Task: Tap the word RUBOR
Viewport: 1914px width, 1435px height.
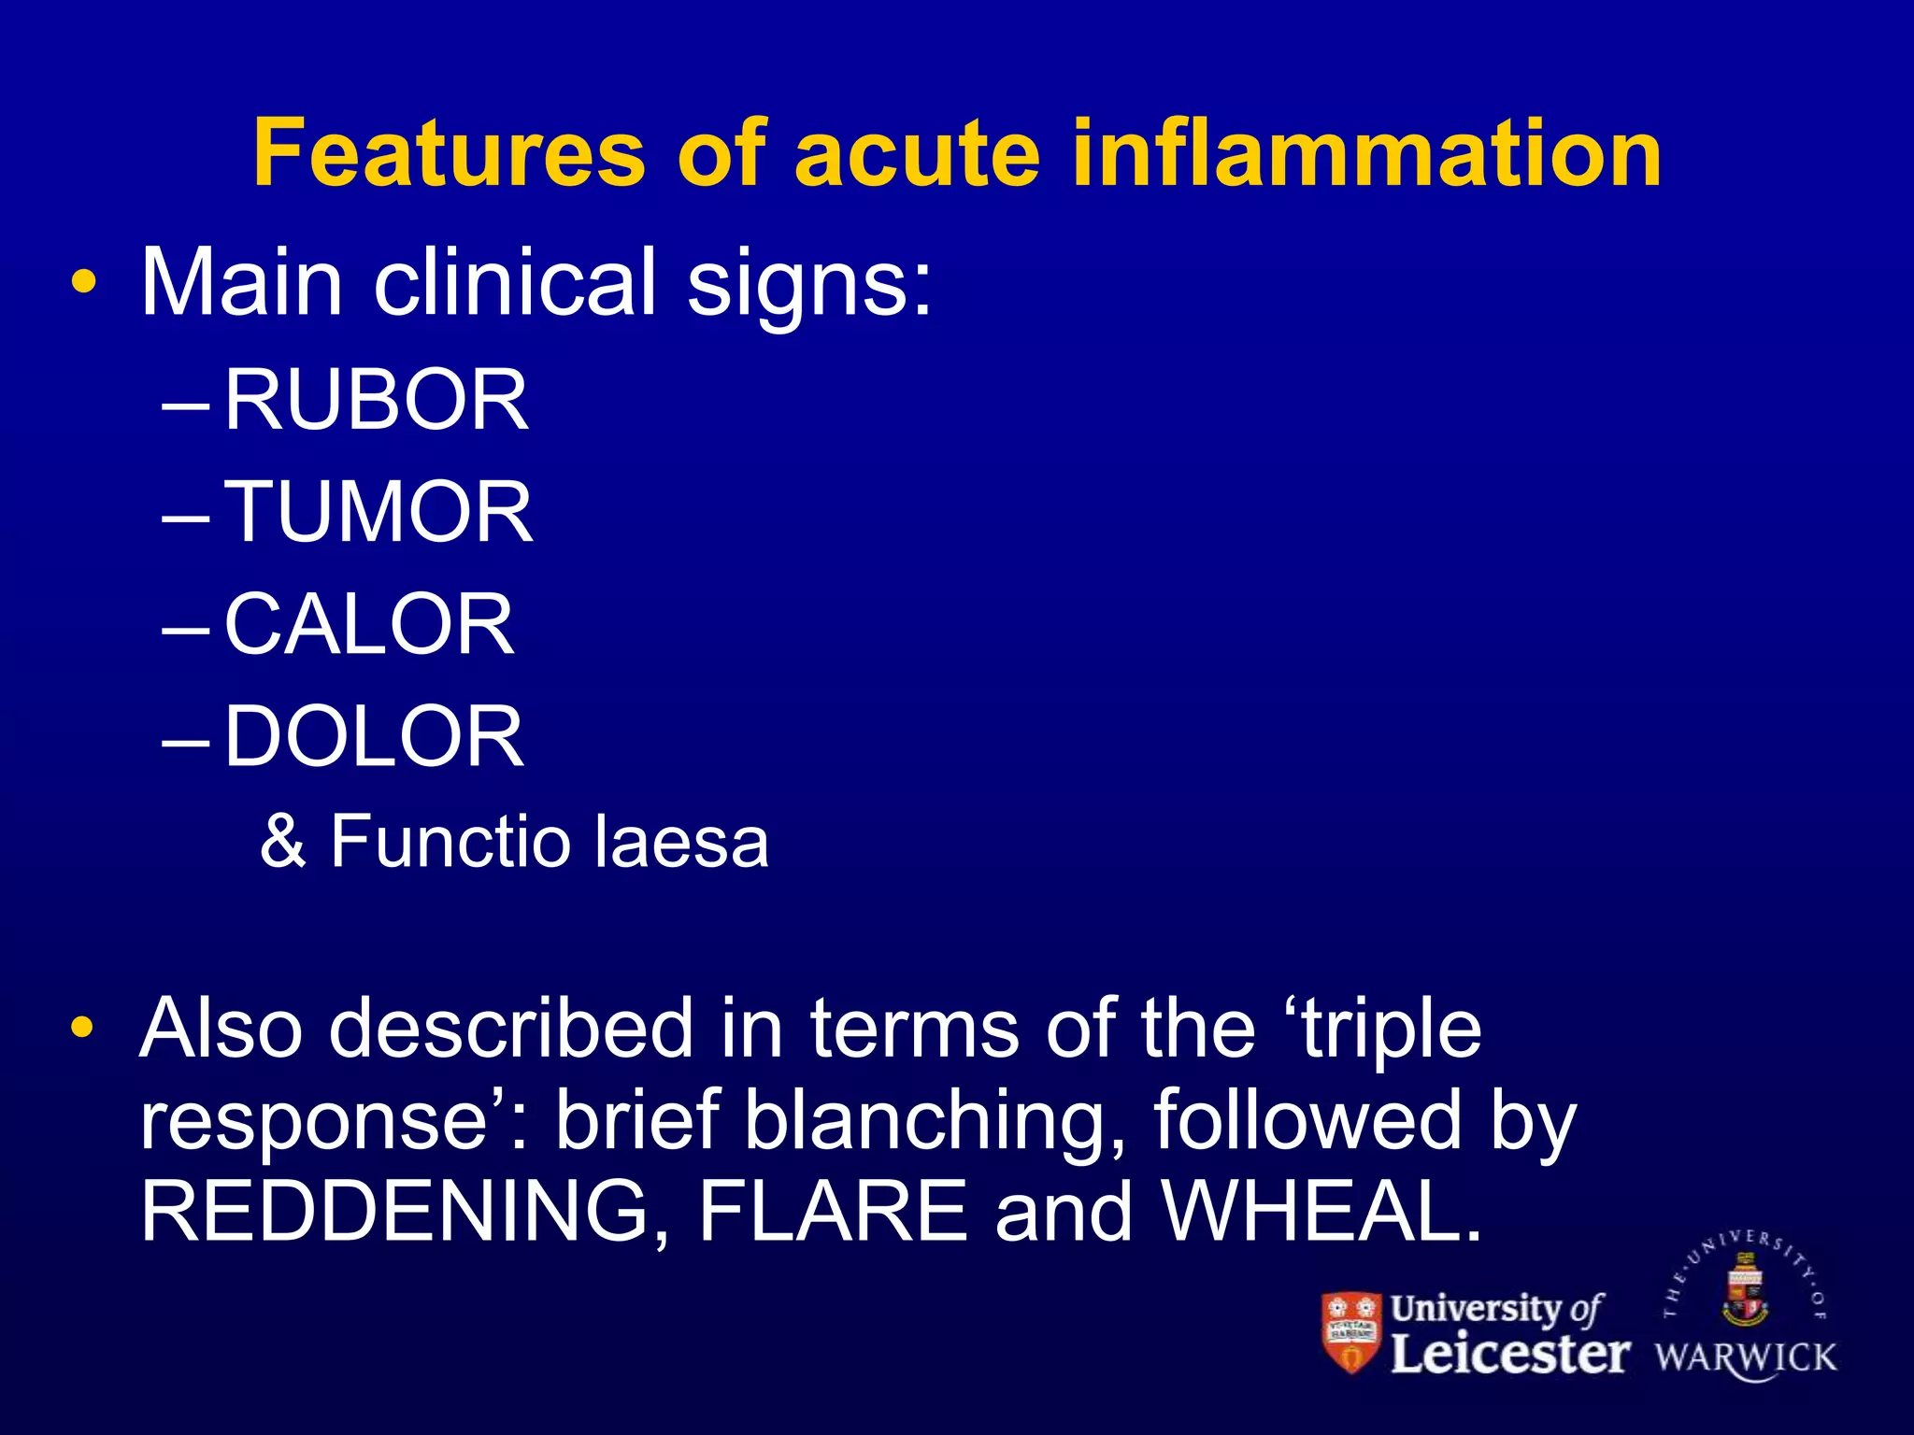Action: (376, 401)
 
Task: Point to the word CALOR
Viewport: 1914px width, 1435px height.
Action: (369, 624)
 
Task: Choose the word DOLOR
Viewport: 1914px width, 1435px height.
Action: (374, 736)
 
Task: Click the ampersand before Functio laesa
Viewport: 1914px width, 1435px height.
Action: (283, 841)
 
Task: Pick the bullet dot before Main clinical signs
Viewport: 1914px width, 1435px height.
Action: (83, 283)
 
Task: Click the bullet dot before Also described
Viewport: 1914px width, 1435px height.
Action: (83, 1029)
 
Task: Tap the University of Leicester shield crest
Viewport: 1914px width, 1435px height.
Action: (1351, 1332)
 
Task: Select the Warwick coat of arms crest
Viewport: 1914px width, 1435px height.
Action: (1745, 1290)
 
